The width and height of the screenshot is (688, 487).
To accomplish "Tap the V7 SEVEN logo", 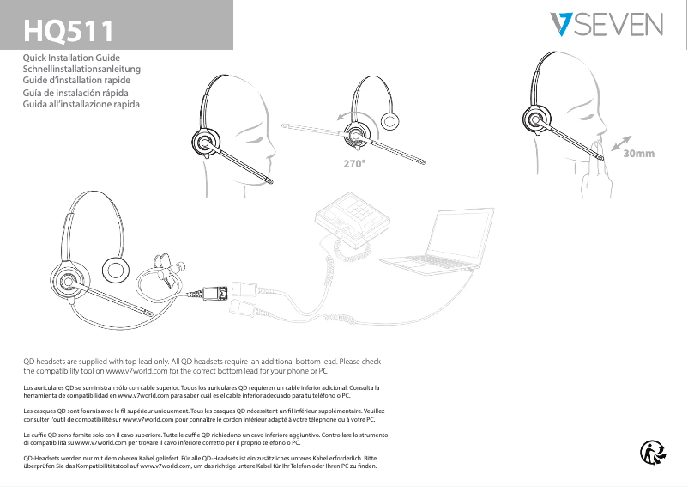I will click(x=606, y=25).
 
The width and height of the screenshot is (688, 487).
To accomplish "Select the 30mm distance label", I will click(x=639, y=154).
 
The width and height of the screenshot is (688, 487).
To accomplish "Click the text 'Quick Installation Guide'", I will click(x=76, y=58).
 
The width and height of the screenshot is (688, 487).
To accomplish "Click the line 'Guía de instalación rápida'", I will click(x=76, y=92).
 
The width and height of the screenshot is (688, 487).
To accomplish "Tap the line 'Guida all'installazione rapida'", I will click(x=81, y=104).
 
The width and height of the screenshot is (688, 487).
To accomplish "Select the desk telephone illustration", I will click(x=353, y=220).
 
